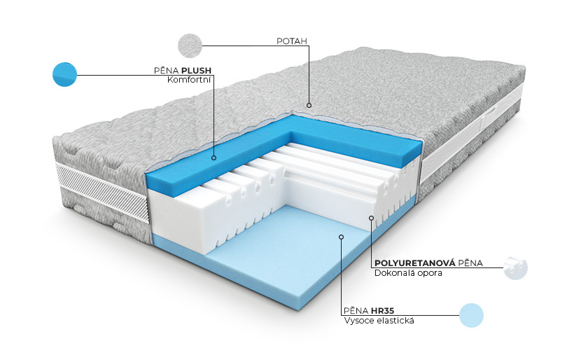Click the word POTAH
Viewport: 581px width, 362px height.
click(292, 41)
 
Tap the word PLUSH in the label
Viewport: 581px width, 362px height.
click(197, 71)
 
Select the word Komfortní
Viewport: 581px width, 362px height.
click(189, 80)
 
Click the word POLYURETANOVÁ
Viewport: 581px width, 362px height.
click(414, 263)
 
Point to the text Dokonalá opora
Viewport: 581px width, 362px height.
click(408, 273)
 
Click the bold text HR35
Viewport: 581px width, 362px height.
click(382, 310)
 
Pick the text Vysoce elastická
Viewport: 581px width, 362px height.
click(379, 321)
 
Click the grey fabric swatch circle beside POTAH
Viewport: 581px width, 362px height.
click(190, 46)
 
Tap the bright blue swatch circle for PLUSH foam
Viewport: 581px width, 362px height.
click(65, 74)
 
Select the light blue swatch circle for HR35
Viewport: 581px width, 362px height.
click(471, 315)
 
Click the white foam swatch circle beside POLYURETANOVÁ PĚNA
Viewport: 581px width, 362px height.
click(515, 268)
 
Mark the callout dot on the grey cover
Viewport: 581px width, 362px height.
click(309, 105)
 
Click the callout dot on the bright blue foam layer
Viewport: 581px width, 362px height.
click(213, 158)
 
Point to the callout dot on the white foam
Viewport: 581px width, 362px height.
click(371, 218)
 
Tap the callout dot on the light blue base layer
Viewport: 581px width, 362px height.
click(342, 237)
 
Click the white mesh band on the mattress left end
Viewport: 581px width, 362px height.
click(102, 193)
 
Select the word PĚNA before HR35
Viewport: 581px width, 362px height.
click(356, 310)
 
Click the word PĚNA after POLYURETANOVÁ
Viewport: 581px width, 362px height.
click(470, 263)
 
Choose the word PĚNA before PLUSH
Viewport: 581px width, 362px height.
click(167, 71)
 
